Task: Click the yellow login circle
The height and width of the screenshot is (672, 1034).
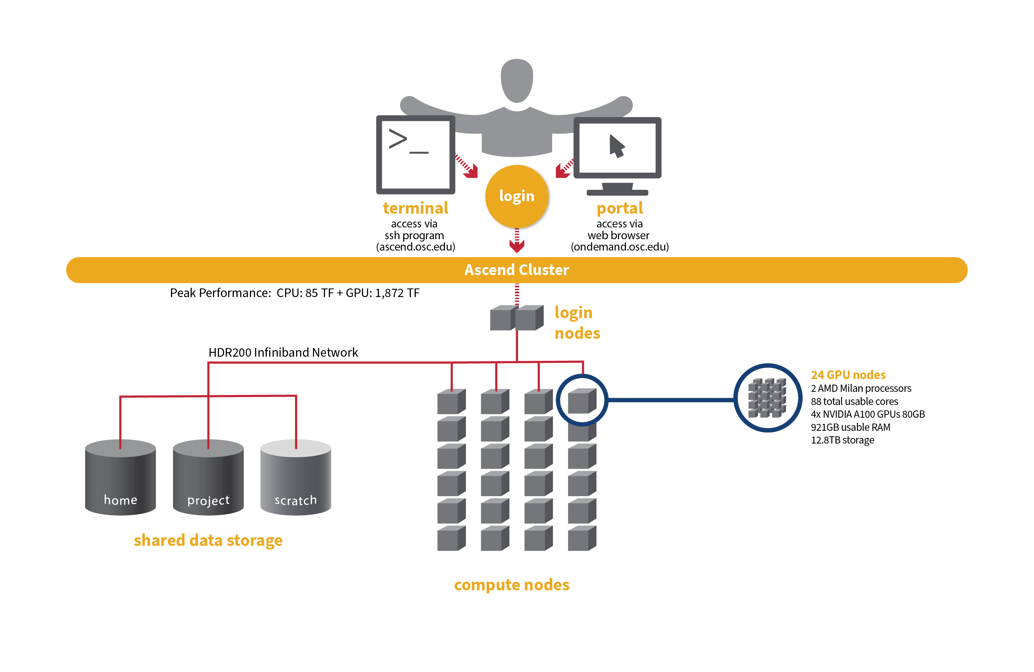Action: (517, 196)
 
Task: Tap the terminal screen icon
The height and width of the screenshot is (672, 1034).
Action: (415, 155)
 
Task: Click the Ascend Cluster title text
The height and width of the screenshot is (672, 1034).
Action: (517, 270)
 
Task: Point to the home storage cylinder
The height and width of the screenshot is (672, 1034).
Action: (120, 478)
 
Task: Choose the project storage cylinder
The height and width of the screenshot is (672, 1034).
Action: (208, 478)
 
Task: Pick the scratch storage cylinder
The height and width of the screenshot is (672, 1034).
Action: (295, 478)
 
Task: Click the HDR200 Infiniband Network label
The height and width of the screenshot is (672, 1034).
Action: (283, 352)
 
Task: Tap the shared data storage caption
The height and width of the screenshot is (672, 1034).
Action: (208, 540)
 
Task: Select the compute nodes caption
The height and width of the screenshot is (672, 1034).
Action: (511, 585)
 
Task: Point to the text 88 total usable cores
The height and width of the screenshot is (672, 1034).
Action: (854, 401)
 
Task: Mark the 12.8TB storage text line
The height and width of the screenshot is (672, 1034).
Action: (842, 440)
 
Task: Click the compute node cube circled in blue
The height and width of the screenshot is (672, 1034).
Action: (582, 400)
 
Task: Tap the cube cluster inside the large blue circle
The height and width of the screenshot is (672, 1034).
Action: (767, 398)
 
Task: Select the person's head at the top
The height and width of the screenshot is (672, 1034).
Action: (517, 81)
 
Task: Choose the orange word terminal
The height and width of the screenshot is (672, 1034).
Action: (415, 208)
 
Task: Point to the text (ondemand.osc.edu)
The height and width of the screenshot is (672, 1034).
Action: (619, 247)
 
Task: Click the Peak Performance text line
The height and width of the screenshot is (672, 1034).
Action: (295, 293)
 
